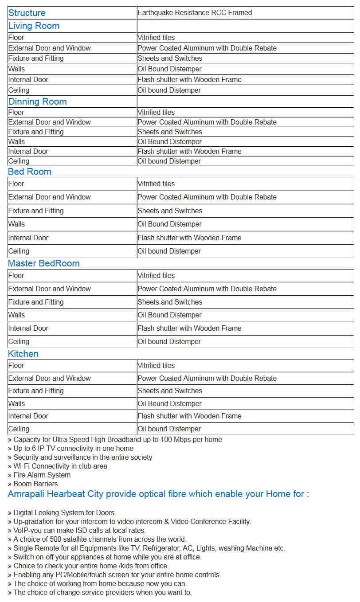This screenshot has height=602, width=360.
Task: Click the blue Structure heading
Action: point(27,13)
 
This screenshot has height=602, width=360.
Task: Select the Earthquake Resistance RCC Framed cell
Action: point(195,13)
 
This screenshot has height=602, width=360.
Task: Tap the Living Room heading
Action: point(34,26)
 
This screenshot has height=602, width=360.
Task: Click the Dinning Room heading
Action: point(37,102)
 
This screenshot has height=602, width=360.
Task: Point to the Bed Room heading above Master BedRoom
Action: point(30,172)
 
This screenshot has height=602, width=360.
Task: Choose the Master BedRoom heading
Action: point(44,263)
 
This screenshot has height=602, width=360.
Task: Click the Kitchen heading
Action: point(23,354)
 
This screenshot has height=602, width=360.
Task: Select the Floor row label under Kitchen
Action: point(16,365)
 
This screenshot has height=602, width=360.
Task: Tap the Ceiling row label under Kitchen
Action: point(19,429)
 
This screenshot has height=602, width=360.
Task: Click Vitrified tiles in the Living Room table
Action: point(156,38)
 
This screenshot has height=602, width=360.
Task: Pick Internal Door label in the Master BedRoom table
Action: point(28,328)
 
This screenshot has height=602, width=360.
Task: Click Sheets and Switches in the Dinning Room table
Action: point(170,132)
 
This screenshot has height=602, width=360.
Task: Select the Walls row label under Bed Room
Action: point(17,224)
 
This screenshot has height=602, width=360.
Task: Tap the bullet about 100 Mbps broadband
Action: point(115,439)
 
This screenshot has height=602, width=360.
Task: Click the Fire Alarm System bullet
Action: point(39,475)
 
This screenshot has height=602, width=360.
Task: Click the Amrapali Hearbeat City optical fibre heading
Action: point(158,494)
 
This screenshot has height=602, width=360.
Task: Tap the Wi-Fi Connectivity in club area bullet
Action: point(58,466)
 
